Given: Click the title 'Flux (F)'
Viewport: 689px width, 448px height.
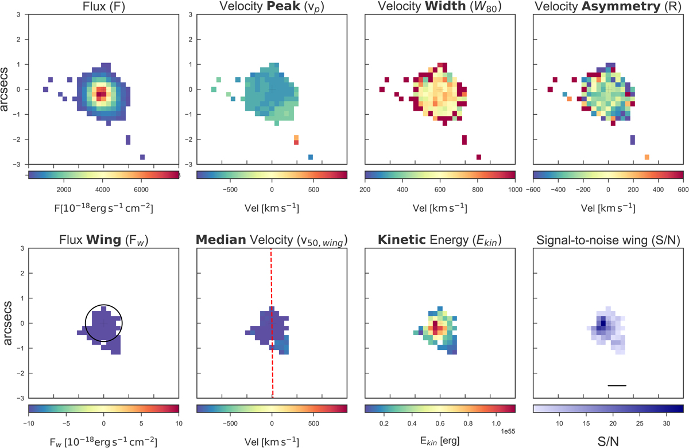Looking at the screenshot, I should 103,7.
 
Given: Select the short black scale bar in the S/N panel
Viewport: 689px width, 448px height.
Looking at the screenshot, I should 617,385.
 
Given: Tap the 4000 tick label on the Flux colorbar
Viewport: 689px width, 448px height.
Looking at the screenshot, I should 103,190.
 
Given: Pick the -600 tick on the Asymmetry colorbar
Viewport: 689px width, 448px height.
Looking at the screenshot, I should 534,190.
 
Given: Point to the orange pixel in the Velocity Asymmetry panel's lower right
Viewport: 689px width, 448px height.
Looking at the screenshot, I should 647,157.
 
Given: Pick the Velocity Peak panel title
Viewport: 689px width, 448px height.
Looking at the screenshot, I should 272,7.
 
